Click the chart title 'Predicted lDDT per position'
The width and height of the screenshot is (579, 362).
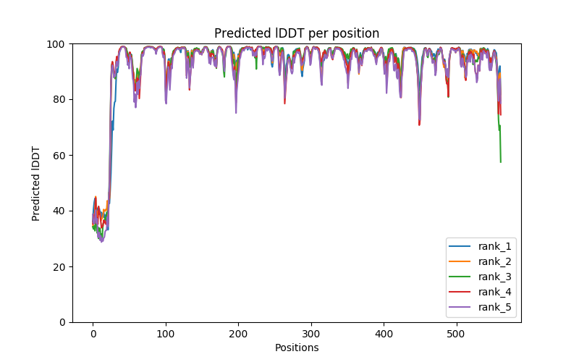pos(297,33)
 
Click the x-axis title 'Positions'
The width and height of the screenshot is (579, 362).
pos(297,348)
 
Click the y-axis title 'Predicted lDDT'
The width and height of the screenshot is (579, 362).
pos(36,183)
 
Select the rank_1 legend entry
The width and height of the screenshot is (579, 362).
pos(492,246)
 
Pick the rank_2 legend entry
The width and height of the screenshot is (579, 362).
pos(492,261)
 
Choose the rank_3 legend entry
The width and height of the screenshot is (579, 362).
pos(492,277)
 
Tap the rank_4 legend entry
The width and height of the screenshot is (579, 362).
pos(492,292)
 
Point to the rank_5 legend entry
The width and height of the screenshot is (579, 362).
pos(492,307)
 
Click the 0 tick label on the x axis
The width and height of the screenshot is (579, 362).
pos(93,334)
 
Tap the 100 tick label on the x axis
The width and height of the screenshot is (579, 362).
pos(166,334)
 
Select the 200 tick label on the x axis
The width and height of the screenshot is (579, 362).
pos(238,334)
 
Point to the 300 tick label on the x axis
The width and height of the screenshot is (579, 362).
pos(311,334)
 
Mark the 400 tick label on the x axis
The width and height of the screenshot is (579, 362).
pos(384,334)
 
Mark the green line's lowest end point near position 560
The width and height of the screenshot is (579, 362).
pos(501,161)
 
